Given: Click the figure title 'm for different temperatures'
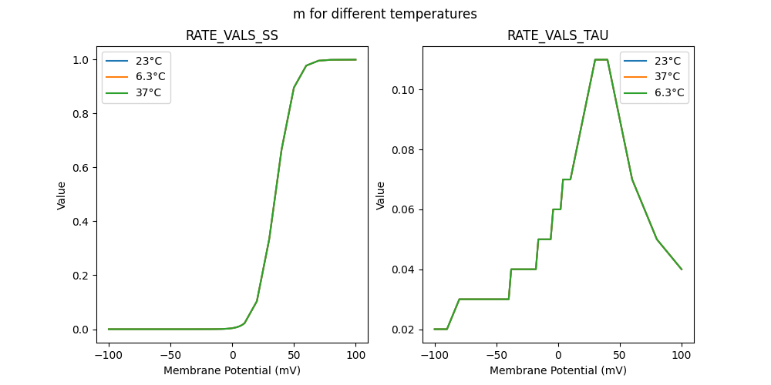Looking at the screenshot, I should tap(385, 14).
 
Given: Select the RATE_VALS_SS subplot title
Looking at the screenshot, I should tap(232, 35).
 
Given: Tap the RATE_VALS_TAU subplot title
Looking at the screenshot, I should tap(558, 35).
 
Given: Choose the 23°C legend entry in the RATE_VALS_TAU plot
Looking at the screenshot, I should tap(668, 60).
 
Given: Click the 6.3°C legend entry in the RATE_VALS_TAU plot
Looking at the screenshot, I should tap(669, 92).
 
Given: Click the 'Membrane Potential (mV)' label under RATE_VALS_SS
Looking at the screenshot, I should tap(232, 370).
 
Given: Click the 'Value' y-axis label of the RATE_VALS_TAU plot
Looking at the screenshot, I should tap(380, 195).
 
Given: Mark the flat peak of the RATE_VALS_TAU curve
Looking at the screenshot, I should tap(601, 59).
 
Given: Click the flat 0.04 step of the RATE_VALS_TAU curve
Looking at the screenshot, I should tap(524, 269).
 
